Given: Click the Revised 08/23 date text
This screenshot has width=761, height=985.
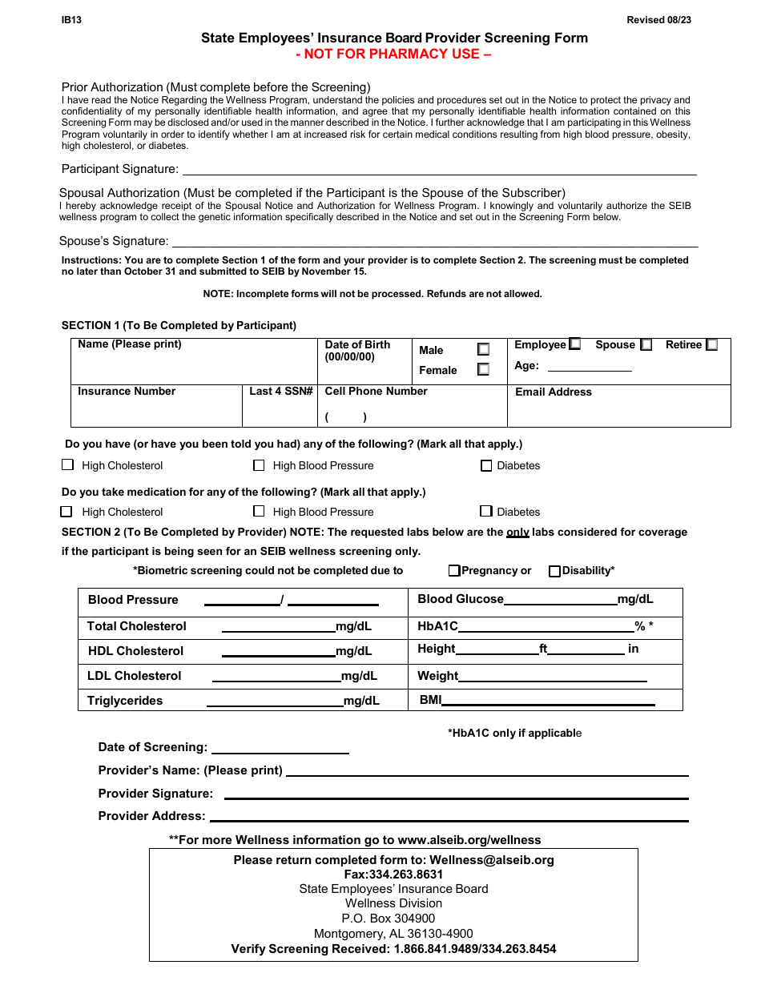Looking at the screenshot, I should click(x=658, y=20).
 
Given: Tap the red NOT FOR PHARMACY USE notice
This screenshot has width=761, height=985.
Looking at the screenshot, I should click(x=393, y=54).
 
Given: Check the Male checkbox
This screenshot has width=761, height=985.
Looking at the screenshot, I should click(x=483, y=350).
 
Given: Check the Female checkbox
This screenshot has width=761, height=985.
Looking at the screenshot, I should click(x=483, y=370).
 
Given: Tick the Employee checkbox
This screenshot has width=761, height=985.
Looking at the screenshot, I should click(x=574, y=344).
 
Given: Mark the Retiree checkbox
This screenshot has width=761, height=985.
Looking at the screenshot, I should click(x=711, y=345).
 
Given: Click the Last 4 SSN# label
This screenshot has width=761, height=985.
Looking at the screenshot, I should click(x=280, y=392).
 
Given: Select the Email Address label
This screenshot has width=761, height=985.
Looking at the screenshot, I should click(x=553, y=392).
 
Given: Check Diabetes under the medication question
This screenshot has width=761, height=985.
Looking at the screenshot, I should click(x=486, y=512).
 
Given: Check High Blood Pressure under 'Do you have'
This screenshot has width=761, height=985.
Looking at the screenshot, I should click(x=259, y=465).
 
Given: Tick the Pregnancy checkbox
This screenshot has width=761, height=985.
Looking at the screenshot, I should click(x=454, y=571).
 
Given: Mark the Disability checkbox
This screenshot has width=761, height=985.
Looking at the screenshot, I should click(x=554, y=572).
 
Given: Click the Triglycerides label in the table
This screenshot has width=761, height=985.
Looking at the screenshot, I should click(x=125, y=701).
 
